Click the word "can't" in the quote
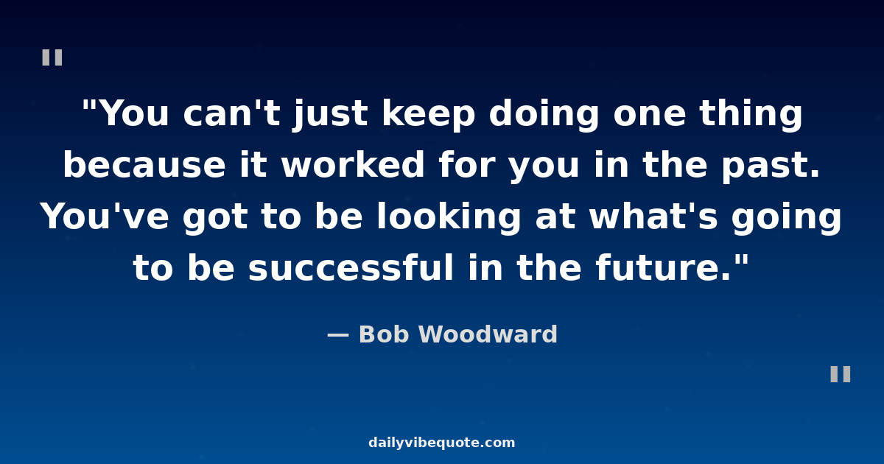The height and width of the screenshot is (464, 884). click(x=231, y=113)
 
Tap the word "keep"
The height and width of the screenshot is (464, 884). click(x=428, y=115)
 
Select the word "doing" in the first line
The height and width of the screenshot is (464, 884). click(x=544, y=115)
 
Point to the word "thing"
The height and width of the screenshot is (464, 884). click(x=751, y=115)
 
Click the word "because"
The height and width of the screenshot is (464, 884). click(x=144, y=164)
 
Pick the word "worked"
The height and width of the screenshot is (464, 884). click(x=353, y=164)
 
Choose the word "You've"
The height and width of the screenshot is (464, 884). click(x=105, y=217)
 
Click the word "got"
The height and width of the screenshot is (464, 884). click(x=215, y=219)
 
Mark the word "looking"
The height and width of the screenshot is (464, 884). click(x=449, y=219)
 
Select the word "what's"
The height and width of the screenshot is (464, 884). click(x=653, y=217)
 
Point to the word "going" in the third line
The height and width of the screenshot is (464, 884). click(x=786, y=219)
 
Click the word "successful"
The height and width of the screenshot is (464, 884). click(x=351, y=267)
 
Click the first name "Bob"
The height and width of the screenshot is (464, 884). click(x=384, y=334)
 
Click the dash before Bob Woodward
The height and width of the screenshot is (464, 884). click(x=338, y=335)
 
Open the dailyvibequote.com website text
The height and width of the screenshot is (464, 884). click(x=441, y=443)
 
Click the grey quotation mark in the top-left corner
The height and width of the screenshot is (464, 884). click(x=52, y=57)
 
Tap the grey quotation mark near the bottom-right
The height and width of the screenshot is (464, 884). click(x=841, y=374)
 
